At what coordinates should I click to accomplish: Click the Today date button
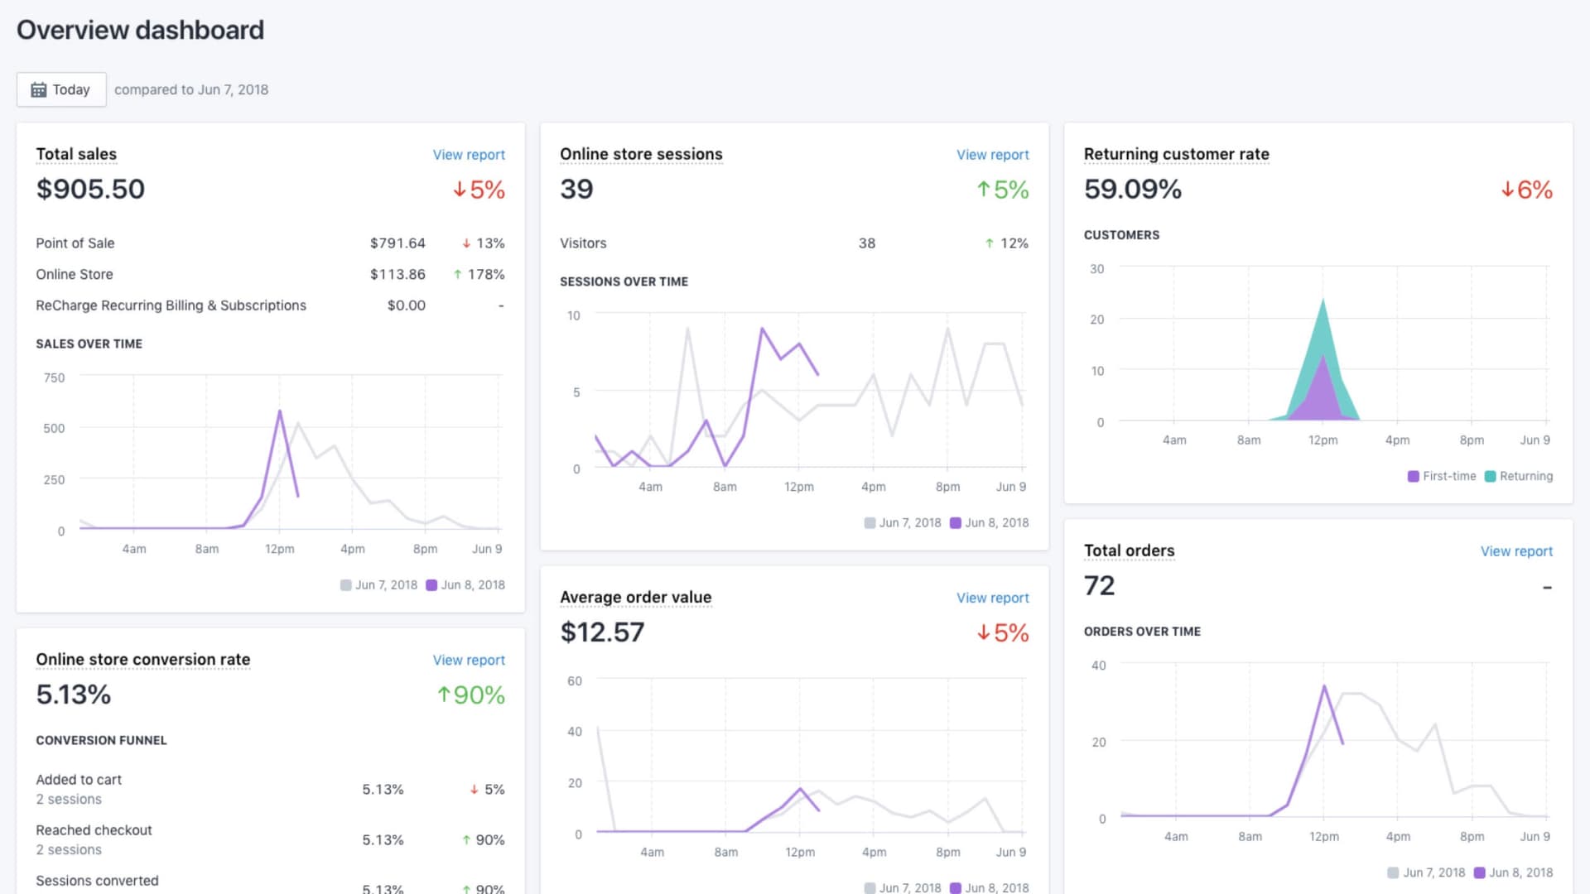pyautogui.click(x=61, y=89)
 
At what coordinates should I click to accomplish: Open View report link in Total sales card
pyautogui.click(x=468, y=155)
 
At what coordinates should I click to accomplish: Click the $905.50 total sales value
pyautogui.click(x=90, y=189)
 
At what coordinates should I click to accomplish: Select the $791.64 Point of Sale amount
pyautogui.click(x=397, y=243)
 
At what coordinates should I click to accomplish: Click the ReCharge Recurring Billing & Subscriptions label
pyautogui.click(x=171, y=305)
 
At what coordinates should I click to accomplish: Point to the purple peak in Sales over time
pyautogui.click(x=280, y=411)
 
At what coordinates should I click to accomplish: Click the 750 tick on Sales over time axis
pyautogui.click(x=54, y=377)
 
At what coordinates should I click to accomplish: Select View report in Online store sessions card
pyautogui.click(x=992, y=155)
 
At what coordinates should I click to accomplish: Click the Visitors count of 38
pyautogui.click(x=866, y=243)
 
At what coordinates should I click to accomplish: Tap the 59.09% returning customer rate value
pyautogui.click(x=1132, y=189)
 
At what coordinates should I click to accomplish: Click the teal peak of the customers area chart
pyautogui.click(x=1323, y=302)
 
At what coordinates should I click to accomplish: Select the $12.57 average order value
pyautogui.click(x=602, y=632)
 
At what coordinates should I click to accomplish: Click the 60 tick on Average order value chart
pyautogui.click(x=574, y=680)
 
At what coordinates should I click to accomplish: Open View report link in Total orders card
pyautogui.click(x=1515, y=551)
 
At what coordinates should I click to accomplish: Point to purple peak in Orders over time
pyautogui.click(x=1324, y=686)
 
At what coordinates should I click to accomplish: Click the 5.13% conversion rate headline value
pyautogui.click(x=74, y=695)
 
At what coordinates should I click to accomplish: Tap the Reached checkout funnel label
pyautogui.click(x=94, y=830)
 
